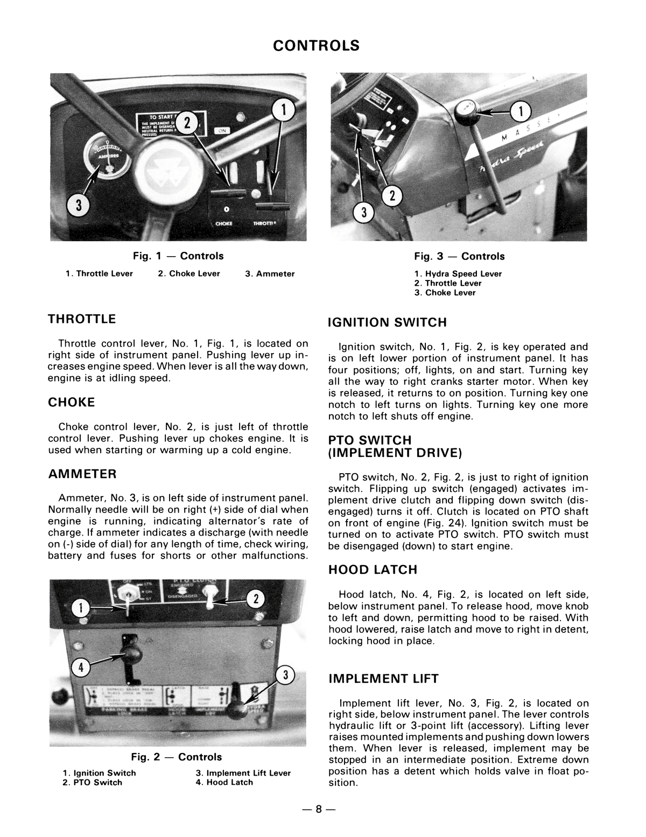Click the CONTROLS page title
pos(316,46)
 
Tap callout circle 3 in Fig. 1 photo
pos(78,205)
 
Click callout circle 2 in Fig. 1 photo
pos(187,122)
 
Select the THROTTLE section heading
pos(82,319)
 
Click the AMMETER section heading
pos(82,474)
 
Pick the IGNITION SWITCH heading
pos(387,323)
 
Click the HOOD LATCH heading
pos(373,570)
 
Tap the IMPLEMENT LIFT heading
pos(383,679)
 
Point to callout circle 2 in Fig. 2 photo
pos(256,599)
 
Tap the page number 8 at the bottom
pos(318,809)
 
